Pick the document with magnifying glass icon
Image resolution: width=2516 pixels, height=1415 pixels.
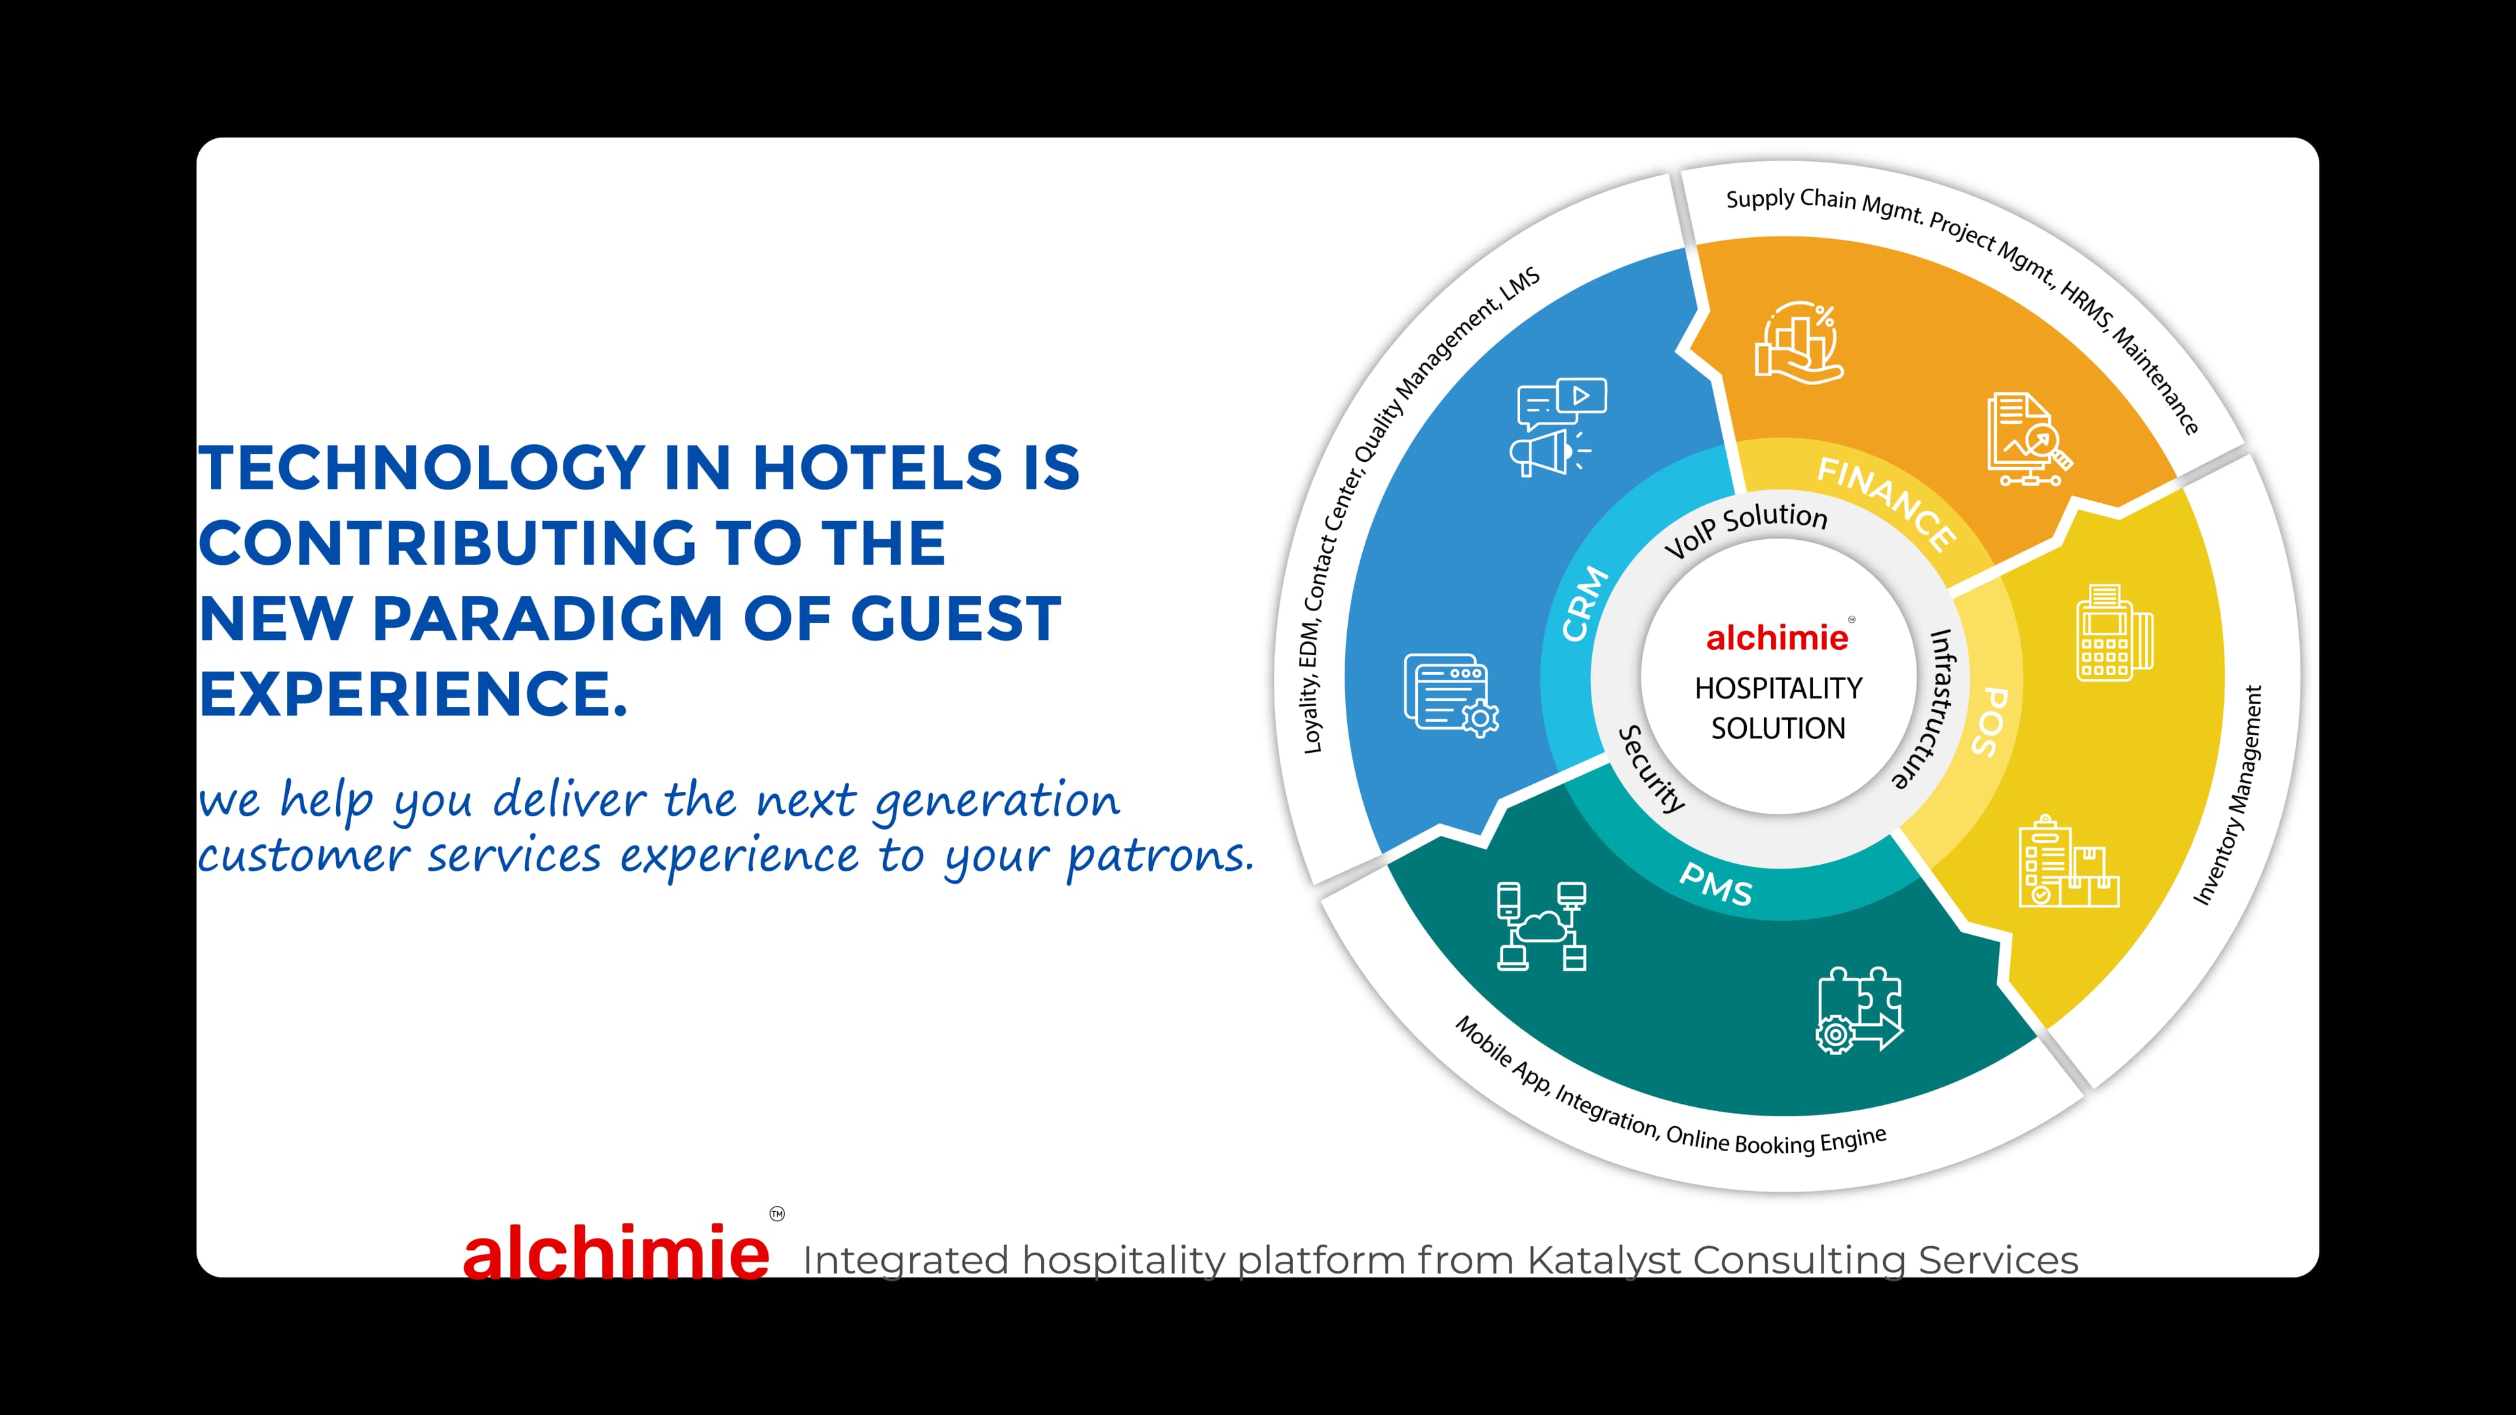click(x=2029, y=440)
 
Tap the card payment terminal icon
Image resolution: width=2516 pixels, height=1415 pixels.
click(x=2114, y=633)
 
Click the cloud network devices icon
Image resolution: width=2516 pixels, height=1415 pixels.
click(x=1541, y=926)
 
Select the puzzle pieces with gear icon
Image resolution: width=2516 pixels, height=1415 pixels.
click(x=1859, y=1009)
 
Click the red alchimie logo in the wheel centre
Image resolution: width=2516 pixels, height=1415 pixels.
click(x=1777, y=637)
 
